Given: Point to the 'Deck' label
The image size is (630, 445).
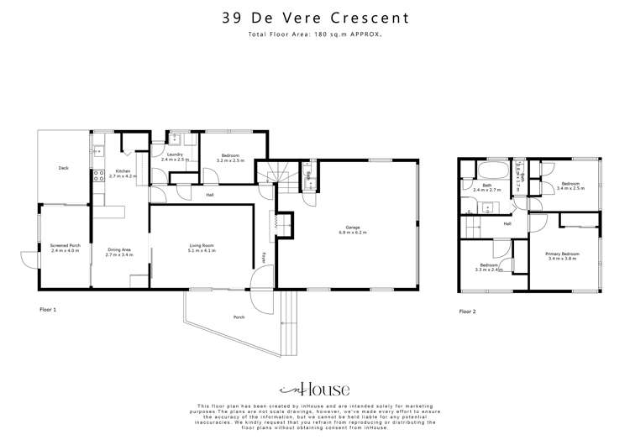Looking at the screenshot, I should (x=63, y=167).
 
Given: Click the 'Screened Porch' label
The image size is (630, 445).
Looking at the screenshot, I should (x=64, y=246).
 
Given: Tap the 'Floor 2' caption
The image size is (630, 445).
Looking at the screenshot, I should (x=467, y=311).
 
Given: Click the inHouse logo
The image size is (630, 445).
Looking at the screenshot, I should (x=314, y=389).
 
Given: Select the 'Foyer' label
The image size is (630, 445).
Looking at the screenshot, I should (x=264, y=256).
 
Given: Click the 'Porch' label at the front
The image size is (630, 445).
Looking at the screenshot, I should (x=241, y=318).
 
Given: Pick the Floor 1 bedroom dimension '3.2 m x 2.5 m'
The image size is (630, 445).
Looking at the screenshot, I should (x=231, y=160).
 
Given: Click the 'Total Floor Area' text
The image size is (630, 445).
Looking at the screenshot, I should (x=315, y=34).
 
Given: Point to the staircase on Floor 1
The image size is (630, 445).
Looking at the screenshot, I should (x=272, y=177).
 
